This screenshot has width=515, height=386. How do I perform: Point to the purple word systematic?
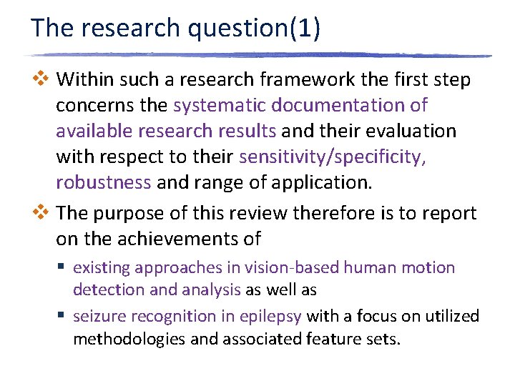coord(217,105)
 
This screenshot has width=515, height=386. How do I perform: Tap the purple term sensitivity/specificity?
coord(333,157)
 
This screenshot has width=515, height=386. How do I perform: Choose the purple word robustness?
coord(103,182)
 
